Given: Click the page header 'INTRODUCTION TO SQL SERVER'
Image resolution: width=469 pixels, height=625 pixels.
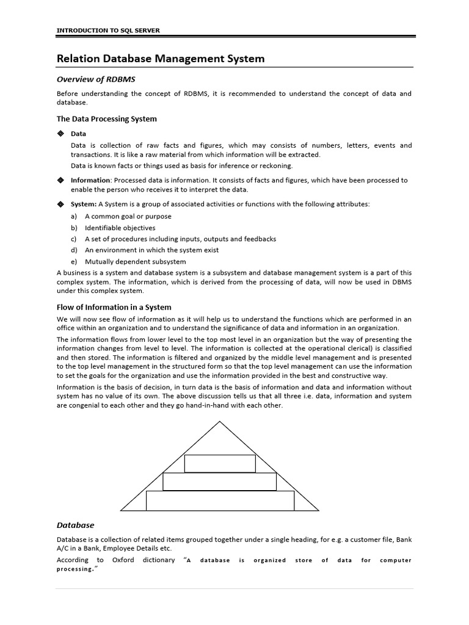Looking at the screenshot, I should click(108, 30).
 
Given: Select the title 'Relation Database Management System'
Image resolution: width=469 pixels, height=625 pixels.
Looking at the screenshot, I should click(161, 59).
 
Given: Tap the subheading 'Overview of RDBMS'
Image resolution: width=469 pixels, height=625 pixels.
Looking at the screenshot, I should click(96, 79).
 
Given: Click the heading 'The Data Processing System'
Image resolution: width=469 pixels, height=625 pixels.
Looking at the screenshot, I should click(106, 118).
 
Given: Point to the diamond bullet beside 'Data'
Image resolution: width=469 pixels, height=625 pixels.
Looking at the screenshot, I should click(60, 133).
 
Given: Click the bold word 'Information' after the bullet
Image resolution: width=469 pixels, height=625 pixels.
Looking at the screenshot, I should click(90, 180).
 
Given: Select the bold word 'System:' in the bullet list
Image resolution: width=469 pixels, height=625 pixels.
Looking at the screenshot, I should click(84, 204).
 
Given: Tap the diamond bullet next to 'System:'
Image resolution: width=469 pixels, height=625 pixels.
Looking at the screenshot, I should click(60, 204).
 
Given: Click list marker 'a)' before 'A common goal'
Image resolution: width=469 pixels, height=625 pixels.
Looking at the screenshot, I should click(74, 216).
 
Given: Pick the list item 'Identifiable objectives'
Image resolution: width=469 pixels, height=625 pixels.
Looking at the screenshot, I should click(120, 228).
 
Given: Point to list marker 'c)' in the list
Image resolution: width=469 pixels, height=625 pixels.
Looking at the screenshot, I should click(74, 239).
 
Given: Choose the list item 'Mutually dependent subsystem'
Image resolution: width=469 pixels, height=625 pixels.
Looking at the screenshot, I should click(135, 261).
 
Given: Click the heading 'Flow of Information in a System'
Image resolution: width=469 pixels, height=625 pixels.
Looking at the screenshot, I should click(114, 307).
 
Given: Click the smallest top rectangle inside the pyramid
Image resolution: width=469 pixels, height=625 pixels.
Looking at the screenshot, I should click(220, 463).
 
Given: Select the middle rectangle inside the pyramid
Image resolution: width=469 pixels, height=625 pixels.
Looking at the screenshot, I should click(220, 481).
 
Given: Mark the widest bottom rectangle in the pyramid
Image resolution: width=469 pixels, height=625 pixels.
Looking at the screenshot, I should click(220, 500).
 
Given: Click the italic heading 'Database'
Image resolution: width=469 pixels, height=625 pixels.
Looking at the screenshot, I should click(75, 524).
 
